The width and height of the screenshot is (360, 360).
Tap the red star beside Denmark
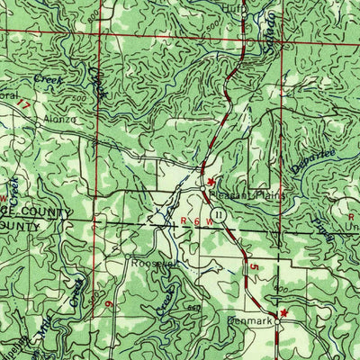tap(285, 312)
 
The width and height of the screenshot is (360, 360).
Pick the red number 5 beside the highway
tap(255, 268)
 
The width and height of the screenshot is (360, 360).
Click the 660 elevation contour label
tap(192, 307)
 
